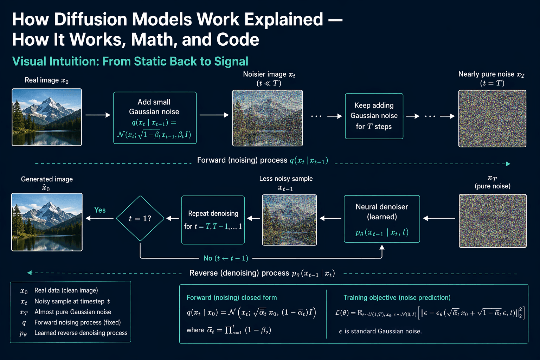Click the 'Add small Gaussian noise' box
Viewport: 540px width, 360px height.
(x=155, y=118)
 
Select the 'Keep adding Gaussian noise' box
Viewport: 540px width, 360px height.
(x=374, y=116)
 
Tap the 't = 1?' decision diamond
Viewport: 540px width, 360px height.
(x=140, y=218)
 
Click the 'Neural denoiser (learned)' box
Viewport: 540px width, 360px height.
(x=382, y=219)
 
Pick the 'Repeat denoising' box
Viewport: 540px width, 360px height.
(x=213, y=220)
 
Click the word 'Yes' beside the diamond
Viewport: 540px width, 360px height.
(x=100, y=210)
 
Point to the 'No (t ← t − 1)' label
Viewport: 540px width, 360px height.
(x=226, y=258)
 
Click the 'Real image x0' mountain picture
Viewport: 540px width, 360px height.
(x=47, y=117)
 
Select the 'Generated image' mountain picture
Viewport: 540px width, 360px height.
(x=47, y=222)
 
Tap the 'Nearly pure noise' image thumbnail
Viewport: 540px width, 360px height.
(x=492, y=118)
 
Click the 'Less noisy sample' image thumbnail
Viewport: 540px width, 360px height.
(x=289, y=220)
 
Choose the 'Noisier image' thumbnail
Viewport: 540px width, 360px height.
(x=267, y=118)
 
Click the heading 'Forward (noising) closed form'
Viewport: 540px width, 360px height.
(x=232, y=297)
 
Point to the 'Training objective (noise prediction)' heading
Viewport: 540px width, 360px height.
(x=397, y=297)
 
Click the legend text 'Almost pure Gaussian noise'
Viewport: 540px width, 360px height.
(x=73, y=312)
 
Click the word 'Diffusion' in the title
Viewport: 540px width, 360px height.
(x=90, y=19)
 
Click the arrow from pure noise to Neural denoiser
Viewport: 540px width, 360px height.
(x=439, y=218)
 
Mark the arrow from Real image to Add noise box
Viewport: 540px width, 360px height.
(x=98, y=115)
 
